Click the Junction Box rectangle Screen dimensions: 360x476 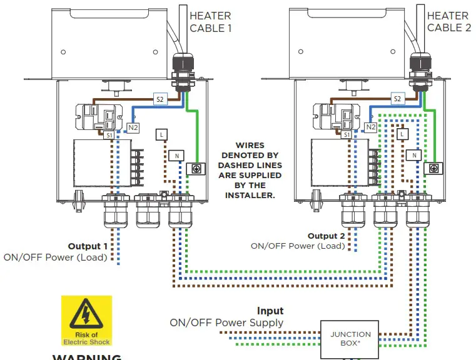coord(351,339)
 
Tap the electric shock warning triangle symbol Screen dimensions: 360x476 coord(86,314)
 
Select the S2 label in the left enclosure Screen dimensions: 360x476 coord(160,99)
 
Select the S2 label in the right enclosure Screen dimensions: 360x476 coord(397,99)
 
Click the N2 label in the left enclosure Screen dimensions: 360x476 coord(133,127)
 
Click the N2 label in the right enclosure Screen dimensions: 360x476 coord(370,127)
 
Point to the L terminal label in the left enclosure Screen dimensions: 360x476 coord(162,134)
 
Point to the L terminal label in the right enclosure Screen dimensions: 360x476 coord(400,134)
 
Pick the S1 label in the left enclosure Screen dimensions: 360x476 coord(109,135)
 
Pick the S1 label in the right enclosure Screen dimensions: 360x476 coord(347,135)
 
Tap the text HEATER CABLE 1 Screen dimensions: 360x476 coord(210,22)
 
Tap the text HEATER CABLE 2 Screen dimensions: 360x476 coord(448,22)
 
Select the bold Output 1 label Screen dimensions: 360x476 coord(88,246)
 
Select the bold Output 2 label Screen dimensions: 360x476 coord(326,236)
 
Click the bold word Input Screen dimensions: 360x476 coord(270,311)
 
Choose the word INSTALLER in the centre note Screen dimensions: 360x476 coord(251,195)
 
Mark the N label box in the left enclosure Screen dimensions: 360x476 coord(176,155)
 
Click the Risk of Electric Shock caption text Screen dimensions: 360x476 coord(86,338)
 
